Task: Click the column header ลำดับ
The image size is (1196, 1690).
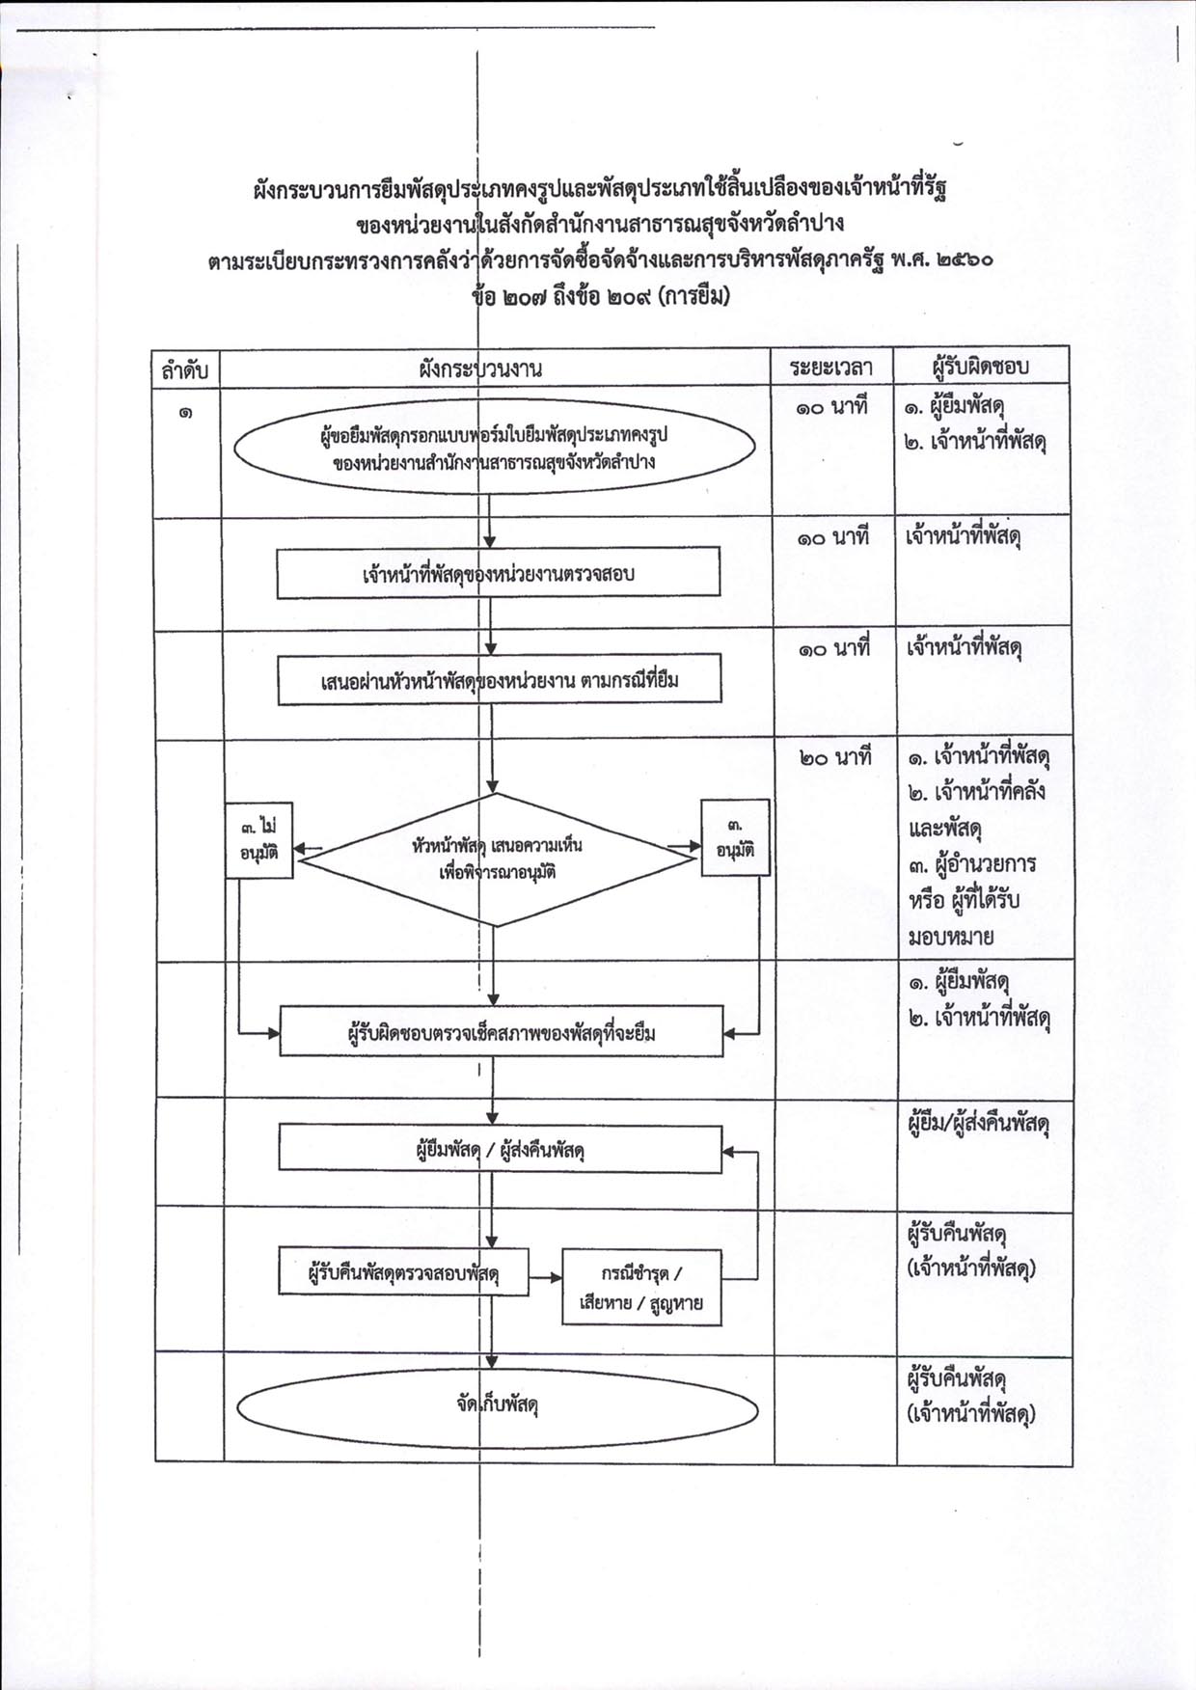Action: pyautogui.click(x=186, y=369)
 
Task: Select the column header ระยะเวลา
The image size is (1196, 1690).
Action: pyautogui.click(x=830, y=368)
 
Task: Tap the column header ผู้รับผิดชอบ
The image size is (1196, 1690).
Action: pyautogui.click(x=981, y=367)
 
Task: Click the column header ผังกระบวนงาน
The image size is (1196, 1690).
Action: pyautogui.click(x=480, y=368)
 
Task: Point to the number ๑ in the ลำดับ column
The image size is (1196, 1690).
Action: pyautogui.click(x=183, y=412)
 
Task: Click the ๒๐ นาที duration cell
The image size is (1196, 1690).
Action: pyautogui.click(x=834, y=758)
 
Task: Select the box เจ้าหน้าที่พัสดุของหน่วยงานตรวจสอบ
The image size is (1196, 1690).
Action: pyautogui.click(x=498, y=573)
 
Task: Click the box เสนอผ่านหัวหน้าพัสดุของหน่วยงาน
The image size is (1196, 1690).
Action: pyautogui.click(x=500, y=680)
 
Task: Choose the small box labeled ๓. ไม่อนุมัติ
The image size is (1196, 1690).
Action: pyautogui.click(x=258, y=840)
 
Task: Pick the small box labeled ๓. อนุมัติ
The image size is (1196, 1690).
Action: pyautogui.click(x=735, y=837)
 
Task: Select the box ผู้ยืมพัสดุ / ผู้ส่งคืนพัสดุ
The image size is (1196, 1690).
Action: pyautogui.click(x=501, y=1149)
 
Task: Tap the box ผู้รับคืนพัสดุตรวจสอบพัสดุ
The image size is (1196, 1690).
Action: pyautogui.click(x=403, y=1271)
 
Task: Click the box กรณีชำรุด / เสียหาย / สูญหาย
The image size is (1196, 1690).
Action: pyautogui.click(x=641, y=1288)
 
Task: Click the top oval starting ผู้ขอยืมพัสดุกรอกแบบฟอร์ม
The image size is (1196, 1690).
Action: pyautogui.click(x=495, y=449)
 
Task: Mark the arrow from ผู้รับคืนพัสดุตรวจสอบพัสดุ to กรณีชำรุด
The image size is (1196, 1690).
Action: pyautogui.click(x=545, y=1278)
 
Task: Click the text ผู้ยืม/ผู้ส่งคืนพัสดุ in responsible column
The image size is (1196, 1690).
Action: pyautogui.click(x=978, y=1125)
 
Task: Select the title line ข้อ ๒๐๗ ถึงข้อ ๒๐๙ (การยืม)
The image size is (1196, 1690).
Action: pyautogui.click(x=601, y=297)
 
